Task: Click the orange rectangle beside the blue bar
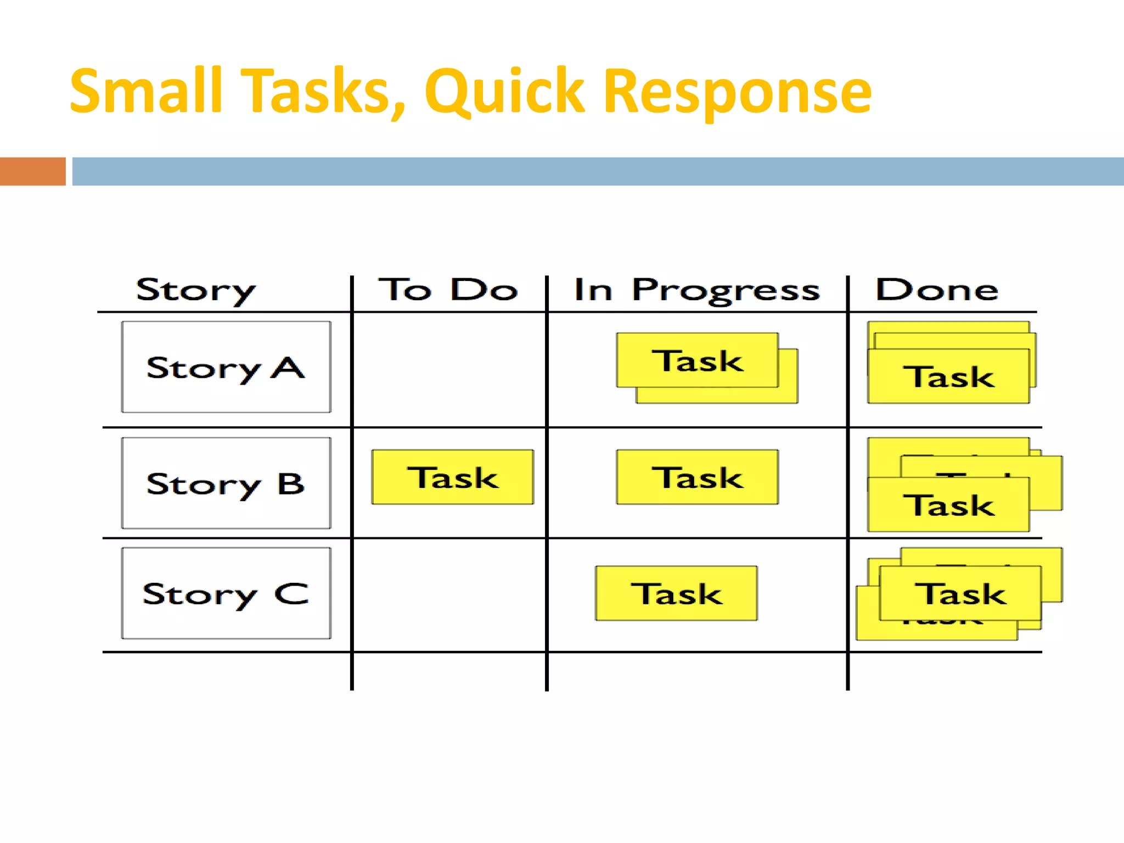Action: (32, 171)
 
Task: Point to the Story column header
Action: (195, 290)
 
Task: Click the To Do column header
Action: (448, 289)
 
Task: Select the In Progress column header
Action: (696, 289)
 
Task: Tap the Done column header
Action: (936, 289)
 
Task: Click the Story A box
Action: (226, 367)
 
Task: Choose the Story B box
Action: (226, 483)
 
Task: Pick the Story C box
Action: (226, 593)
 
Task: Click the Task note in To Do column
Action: (453, 477)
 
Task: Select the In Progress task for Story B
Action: (697, 477)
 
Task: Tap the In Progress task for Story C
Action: (676, 593)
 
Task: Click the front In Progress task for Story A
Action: (697, 360)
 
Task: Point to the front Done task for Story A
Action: (948, 376)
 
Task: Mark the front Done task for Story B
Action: (948, 505)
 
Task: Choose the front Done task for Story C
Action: (960, 593)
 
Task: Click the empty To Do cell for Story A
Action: (449, 369)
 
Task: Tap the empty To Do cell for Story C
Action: (449, 595)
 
